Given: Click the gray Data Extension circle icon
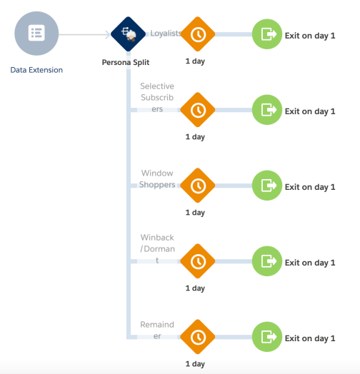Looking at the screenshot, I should point(36,34).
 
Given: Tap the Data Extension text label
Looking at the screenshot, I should point(36,70).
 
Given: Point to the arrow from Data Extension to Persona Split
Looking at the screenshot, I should point(86,34).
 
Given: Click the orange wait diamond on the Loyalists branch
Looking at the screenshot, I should point(198,34).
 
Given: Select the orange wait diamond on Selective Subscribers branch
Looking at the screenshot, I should point(198,110).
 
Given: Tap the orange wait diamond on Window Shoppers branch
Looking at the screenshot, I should point(198,186).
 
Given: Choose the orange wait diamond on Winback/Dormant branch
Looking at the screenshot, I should point(198,261).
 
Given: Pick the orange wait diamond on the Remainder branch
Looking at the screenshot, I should point(198,337).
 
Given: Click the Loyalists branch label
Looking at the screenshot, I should point(165,33).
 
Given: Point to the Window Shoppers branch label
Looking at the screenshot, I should point(157,179).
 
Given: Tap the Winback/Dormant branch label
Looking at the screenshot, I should point(157,248).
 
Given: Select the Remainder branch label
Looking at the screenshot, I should point(157,330).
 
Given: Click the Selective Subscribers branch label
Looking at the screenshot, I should point(157,98).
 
